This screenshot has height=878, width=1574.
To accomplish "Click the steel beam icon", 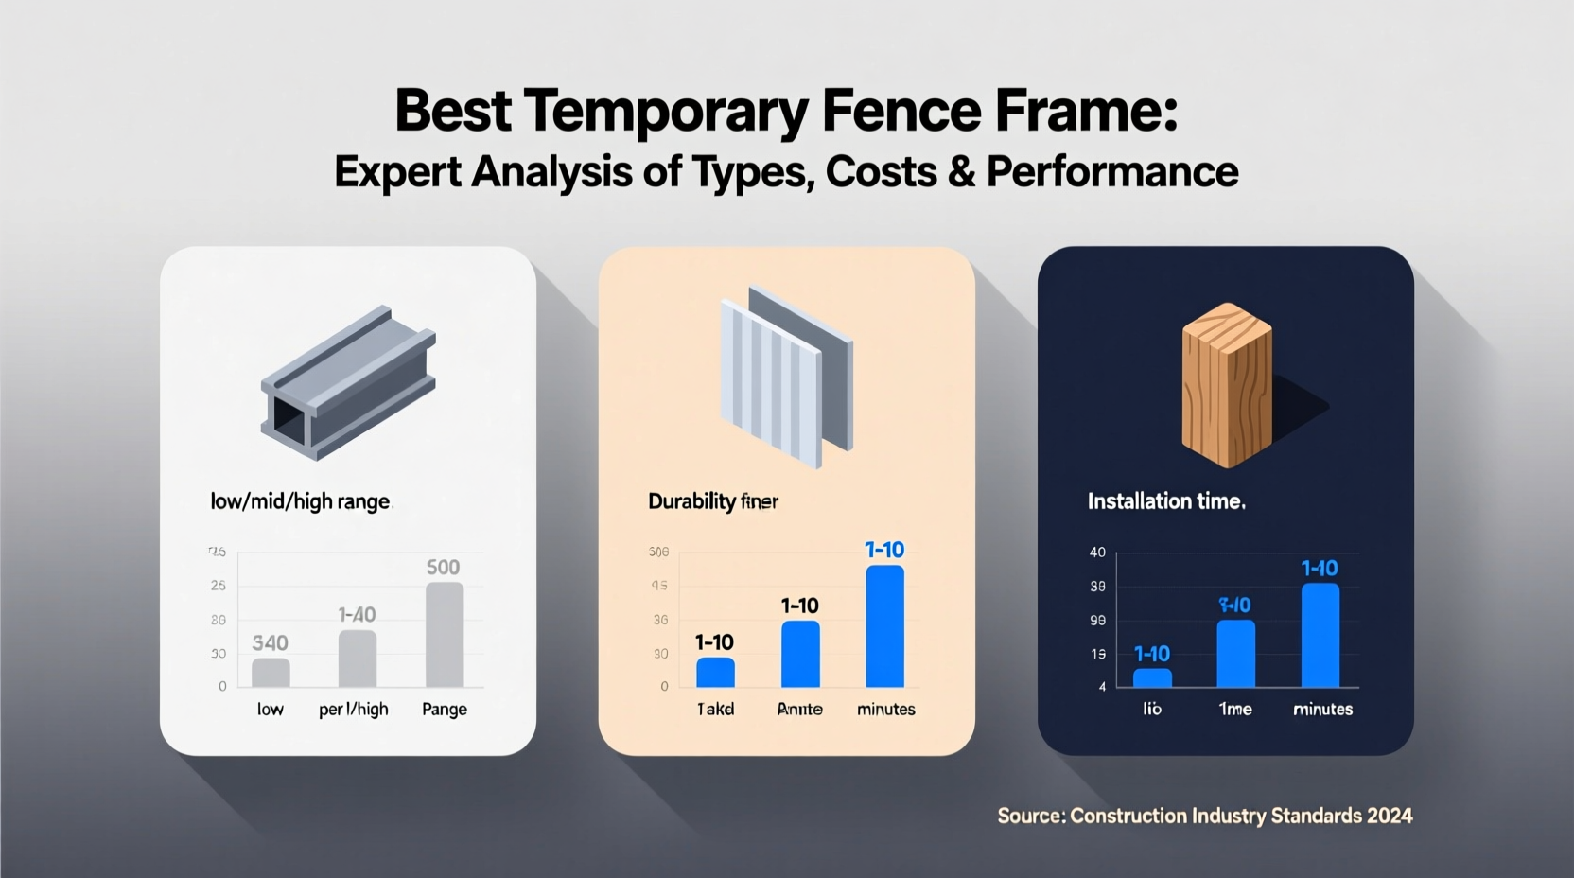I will coord(348,383).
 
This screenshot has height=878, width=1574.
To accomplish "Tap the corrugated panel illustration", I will coord(786,378).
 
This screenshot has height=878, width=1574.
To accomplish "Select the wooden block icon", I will coord(1227,385).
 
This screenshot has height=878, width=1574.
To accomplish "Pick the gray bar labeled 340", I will coord(271,672).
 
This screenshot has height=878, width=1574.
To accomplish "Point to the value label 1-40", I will coord(357,615).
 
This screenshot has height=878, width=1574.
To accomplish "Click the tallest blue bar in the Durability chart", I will coord(884,626).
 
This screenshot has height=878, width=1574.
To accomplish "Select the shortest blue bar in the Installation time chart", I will coord(1152,677).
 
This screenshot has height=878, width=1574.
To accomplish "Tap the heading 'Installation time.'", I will coord(1165,501).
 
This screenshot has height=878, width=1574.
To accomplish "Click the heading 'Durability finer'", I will coord(712,501).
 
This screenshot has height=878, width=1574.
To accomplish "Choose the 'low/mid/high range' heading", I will coord(300,501).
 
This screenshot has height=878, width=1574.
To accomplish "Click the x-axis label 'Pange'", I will coord(444,710).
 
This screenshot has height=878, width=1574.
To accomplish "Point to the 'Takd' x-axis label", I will coord(715,710).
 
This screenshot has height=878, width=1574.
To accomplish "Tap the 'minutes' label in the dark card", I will coord(1322,710).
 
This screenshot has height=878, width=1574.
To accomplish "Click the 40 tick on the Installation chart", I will coord(1097,553).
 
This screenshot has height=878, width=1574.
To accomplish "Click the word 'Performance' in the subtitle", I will coord(1111,172).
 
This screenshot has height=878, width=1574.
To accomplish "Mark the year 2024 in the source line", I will coord(1389,816).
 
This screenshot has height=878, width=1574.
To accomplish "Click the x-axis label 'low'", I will coord(270,710).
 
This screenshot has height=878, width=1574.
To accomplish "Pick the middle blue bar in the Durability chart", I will coord(800,654).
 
